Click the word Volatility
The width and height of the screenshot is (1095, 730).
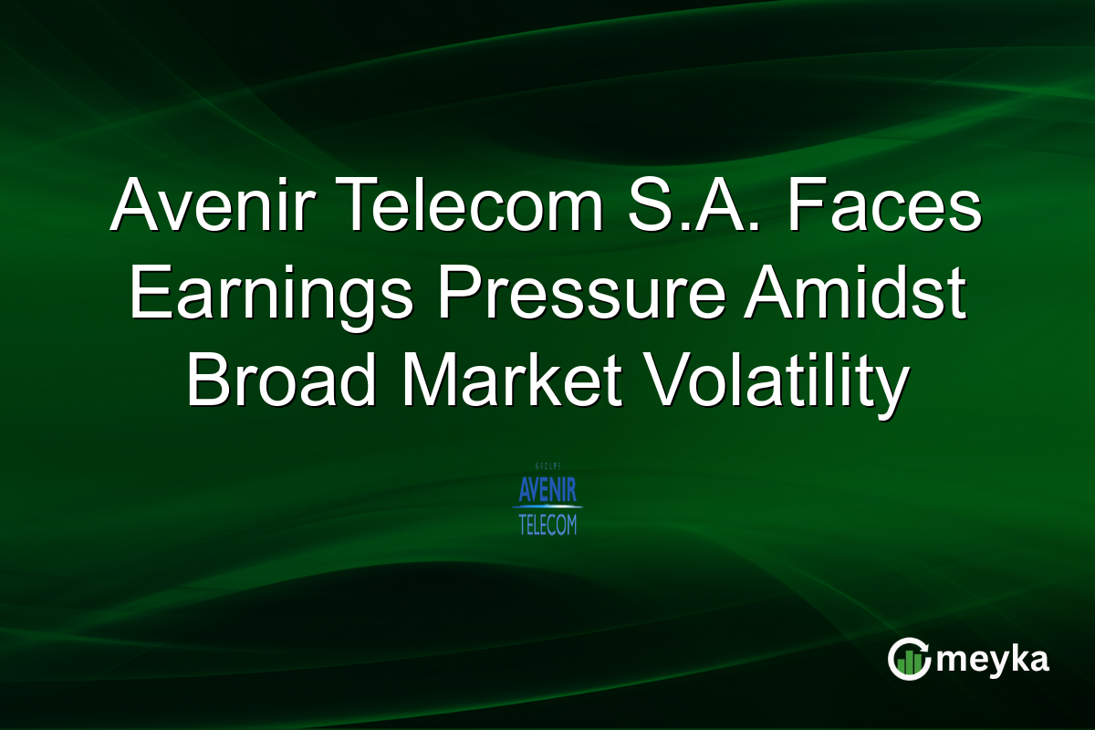click(774, 381)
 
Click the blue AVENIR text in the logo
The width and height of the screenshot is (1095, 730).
click(547, 492)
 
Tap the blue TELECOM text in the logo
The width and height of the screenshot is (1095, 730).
click(547, 525)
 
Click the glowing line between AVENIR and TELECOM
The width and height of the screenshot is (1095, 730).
click(547, 507)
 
